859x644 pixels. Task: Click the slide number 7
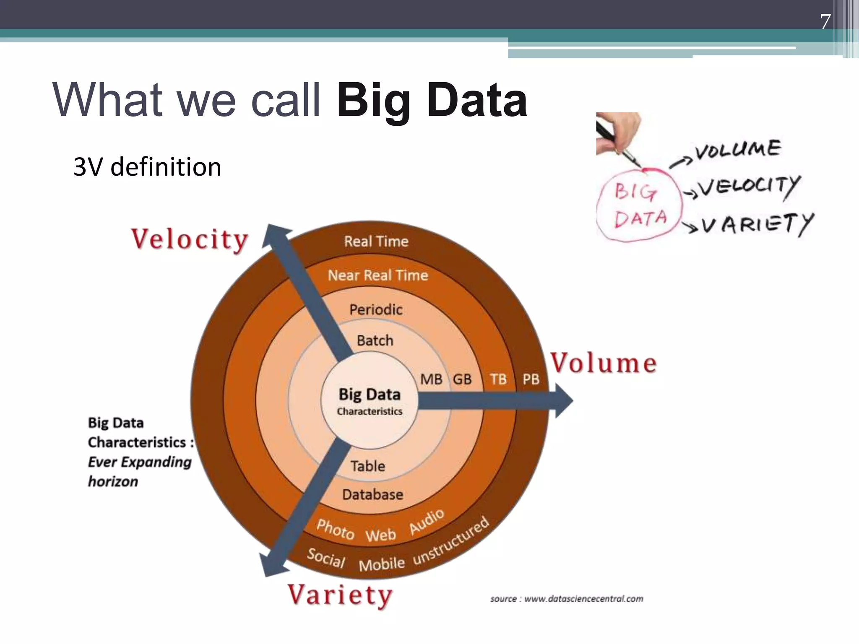(825, 22)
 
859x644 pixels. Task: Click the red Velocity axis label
(190, 240)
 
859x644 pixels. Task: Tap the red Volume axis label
(603, 363)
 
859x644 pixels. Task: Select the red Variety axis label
(340, 595)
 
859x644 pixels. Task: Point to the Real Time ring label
(376, 241)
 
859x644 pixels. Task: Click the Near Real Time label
(378, 275)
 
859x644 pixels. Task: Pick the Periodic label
(376, 310)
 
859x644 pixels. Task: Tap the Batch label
(375, 340)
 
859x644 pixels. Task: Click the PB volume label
(531, 379)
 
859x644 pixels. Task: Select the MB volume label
(431, 379)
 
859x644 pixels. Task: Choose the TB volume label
(498, 379)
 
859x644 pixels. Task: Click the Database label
(372, 495)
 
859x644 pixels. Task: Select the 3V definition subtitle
(147, 167)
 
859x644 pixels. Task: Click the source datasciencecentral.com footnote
(567, 599)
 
